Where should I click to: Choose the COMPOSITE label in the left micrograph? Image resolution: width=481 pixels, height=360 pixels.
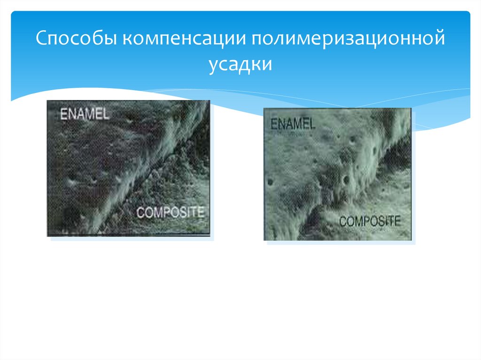pos(170,212)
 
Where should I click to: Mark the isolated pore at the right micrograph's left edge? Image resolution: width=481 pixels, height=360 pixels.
pos(271,182)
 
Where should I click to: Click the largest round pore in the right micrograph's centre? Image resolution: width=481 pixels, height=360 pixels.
pos(346,179)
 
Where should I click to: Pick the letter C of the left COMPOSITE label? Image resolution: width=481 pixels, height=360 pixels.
pos(140,212)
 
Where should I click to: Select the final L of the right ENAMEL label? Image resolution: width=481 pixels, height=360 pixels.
pos(311,124)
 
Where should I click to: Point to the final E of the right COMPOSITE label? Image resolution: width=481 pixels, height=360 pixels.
pos(398,221)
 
